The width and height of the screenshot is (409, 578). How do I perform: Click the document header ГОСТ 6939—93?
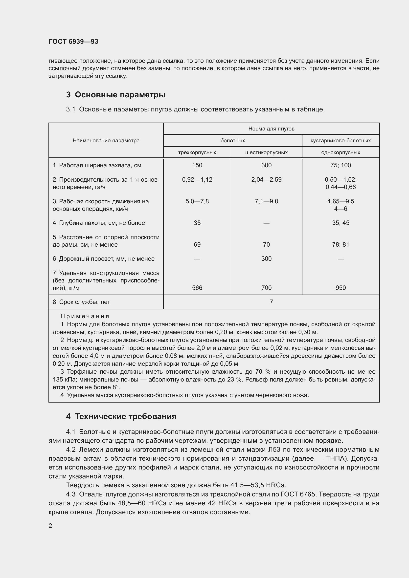coord(73,42)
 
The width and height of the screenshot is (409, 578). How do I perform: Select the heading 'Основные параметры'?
coord(120,95)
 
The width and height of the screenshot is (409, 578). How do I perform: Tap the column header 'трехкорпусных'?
coord(197,152)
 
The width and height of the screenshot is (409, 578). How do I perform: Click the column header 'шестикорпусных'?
coord(267,152)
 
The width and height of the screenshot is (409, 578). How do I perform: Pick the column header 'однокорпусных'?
coord(341,152)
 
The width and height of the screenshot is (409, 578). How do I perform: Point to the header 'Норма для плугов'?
coord(271,129)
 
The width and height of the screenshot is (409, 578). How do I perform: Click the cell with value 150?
coord(197,165)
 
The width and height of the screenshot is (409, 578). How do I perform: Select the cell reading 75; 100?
coord(341,165)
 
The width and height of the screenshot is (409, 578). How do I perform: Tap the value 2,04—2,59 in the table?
coord(267,179)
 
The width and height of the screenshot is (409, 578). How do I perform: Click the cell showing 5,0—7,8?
coord(197,201)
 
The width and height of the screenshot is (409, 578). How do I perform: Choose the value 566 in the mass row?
coord(197,288)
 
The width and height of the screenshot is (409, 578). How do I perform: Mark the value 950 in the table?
coord(341,288)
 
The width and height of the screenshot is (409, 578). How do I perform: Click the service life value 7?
coord(271,302)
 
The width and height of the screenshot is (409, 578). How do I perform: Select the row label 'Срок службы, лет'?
coord(85,302)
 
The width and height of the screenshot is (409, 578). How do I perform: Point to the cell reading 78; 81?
coord(341,244)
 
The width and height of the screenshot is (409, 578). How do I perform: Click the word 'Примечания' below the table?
coord(85,317)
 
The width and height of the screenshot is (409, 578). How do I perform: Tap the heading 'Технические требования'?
coord(125,416)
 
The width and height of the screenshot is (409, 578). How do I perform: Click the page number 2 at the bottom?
coord(50,526)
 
